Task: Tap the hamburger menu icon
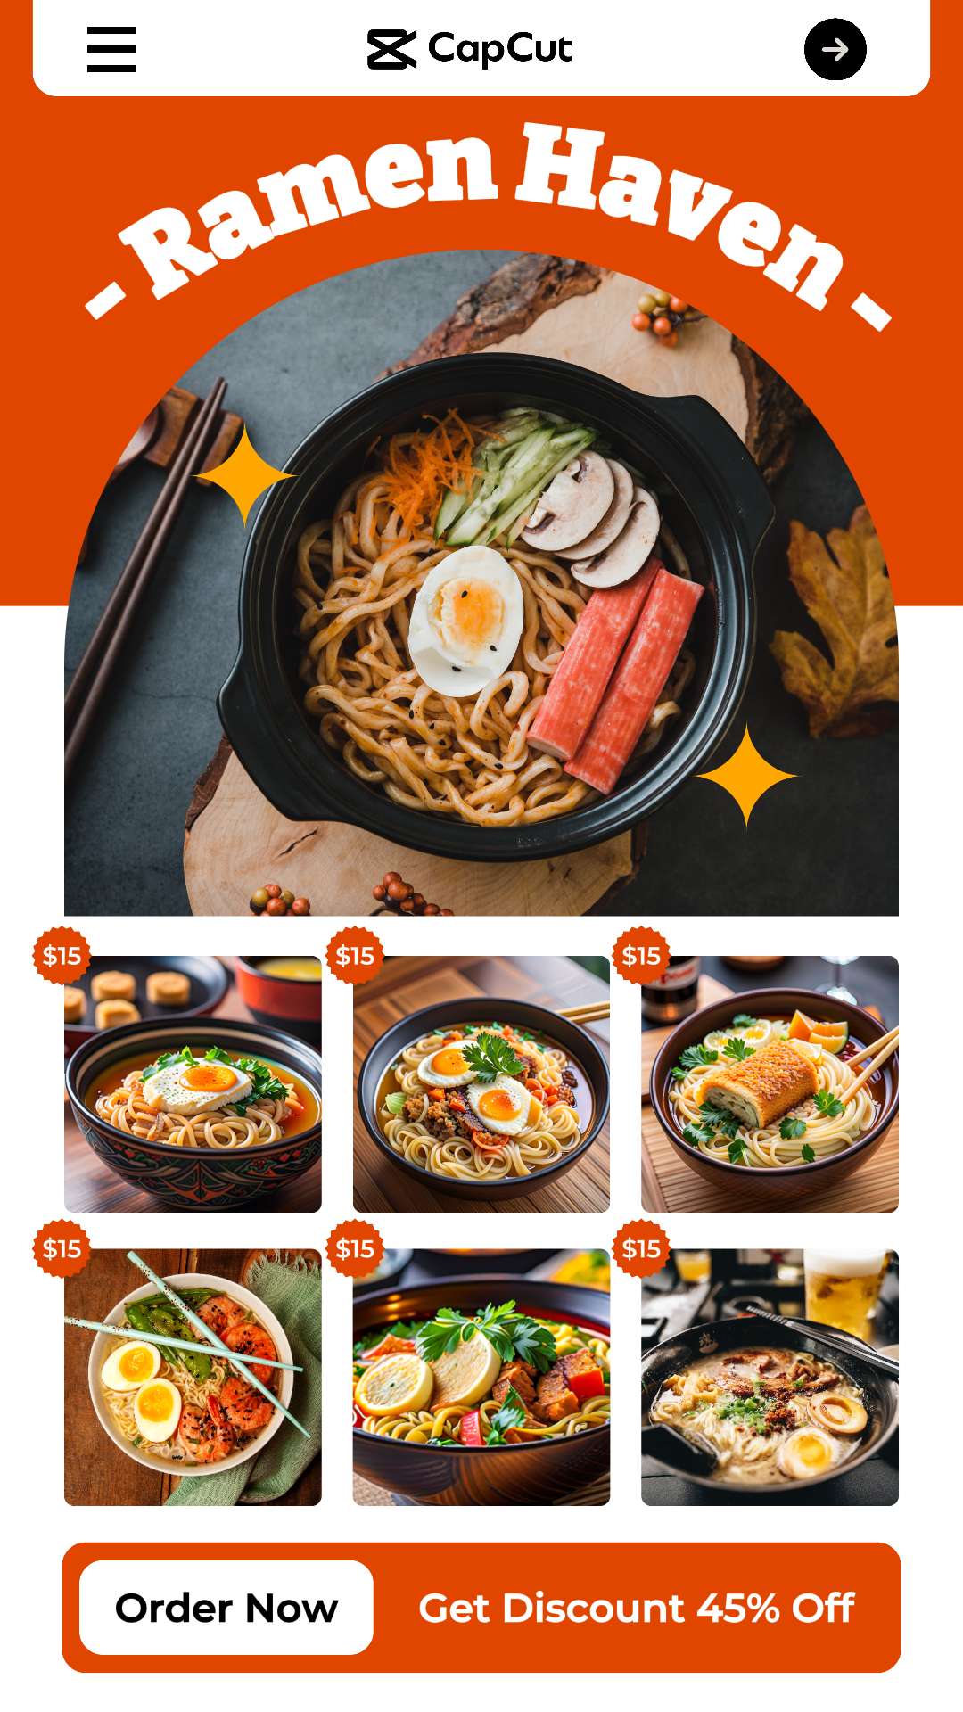[x=111, y=49]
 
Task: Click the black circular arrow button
[x=835, y=49]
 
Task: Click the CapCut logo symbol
[x=391, y=49]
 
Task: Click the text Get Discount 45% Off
[x=636, y=1609]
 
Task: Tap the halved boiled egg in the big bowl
[x=465, y=620]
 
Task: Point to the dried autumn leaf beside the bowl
[x=838, y=624]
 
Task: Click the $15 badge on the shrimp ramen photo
[x=62, y=1248]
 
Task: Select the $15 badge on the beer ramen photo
[x=641, y=1248]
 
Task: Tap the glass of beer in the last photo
[x=843, y=1293]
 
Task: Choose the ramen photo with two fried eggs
[x=481, y=1084]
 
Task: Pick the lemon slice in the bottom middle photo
[x=392, y=1382]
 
